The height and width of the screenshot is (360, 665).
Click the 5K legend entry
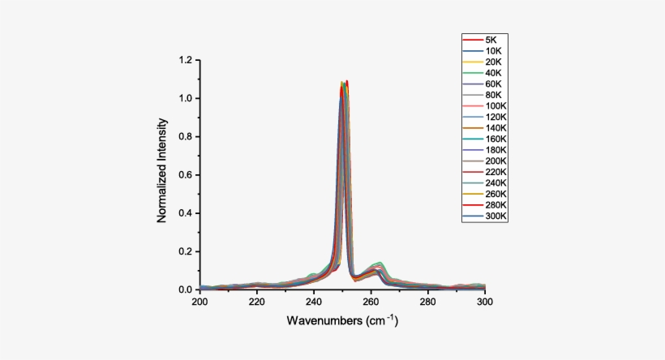(x=491, y=40)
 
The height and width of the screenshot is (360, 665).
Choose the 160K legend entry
(x=495, y=139)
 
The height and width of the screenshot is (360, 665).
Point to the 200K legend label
(x=495, y=161)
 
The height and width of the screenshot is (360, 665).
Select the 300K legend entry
(x=495, y=216)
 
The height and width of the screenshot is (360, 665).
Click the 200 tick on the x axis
(x=199, y=302)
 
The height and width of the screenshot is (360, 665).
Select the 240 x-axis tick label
(x=314, y=302)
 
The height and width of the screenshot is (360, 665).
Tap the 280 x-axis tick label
(x=427, y=302)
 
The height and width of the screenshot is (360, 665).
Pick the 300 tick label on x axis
(x=484, y=302)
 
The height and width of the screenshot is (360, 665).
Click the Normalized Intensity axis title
(x=162, y=172)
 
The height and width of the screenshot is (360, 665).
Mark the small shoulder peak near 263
(x=377, y=264)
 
